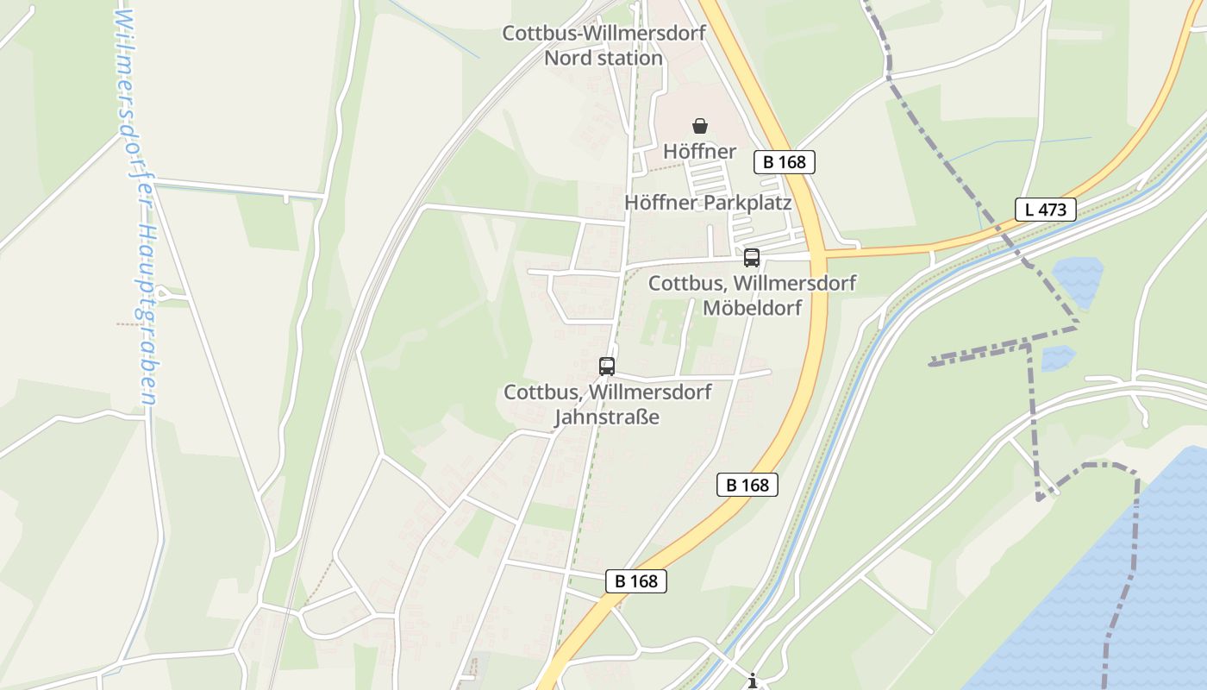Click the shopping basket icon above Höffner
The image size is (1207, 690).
point(700,126)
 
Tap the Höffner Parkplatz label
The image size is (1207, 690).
point(708,204)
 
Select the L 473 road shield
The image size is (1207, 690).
point(1045,209)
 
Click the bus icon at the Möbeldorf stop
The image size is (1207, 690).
point(752,257)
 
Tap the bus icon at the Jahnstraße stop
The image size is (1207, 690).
point(607,367)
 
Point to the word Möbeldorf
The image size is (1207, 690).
point(753,308)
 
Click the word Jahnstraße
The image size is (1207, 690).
point(607,417)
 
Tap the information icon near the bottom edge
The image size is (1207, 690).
point(753,681)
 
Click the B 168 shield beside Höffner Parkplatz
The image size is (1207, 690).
point(784,162)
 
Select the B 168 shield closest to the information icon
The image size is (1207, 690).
point(636,581)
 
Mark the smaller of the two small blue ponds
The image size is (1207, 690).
point(1056,357)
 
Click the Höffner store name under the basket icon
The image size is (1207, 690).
point(700,153)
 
